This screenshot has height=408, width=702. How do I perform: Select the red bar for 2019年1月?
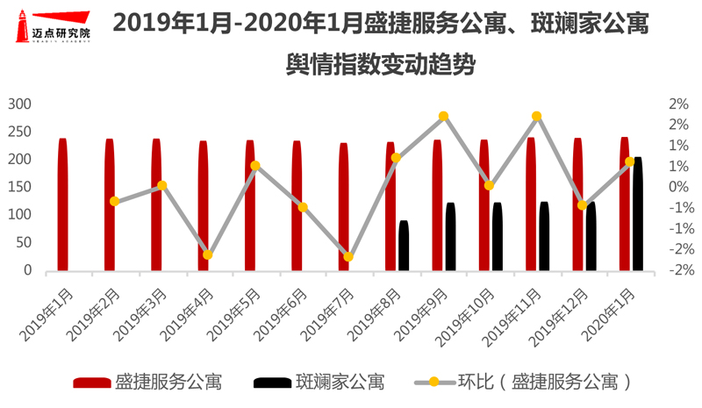[62, 204]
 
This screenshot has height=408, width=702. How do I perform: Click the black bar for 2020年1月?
[638, 214]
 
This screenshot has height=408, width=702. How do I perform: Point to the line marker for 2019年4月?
[208, 255]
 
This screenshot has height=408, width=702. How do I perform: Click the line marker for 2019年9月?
[443, 116]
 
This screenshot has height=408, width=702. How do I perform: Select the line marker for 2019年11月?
[537, 116]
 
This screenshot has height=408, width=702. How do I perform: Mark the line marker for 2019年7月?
[348, 257]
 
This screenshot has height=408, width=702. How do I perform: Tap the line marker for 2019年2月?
[114, 201]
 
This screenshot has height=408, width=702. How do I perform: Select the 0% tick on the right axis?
[678, 187]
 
